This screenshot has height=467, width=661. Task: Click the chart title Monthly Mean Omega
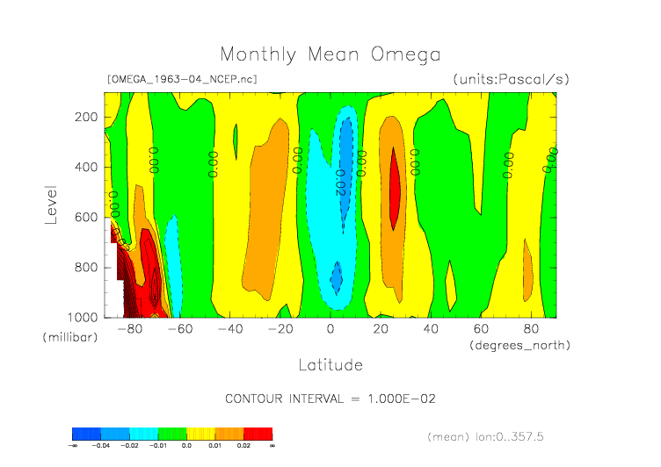pos(330,54)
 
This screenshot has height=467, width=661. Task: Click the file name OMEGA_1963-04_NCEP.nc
pos(182,79)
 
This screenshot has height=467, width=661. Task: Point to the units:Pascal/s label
pos(511,79)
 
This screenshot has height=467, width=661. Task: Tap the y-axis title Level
pos(51,204)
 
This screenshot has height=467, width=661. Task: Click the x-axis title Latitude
pos(330,364)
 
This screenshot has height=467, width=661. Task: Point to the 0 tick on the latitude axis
pos(330,329)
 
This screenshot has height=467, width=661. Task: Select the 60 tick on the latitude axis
pos(481,329)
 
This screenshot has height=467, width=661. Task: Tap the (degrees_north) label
pos(519,345)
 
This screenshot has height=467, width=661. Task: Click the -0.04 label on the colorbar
pos(103,446)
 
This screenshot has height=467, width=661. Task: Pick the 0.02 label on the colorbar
pos(243,446)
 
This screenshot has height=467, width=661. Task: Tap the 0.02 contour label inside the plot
pos(341,181)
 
